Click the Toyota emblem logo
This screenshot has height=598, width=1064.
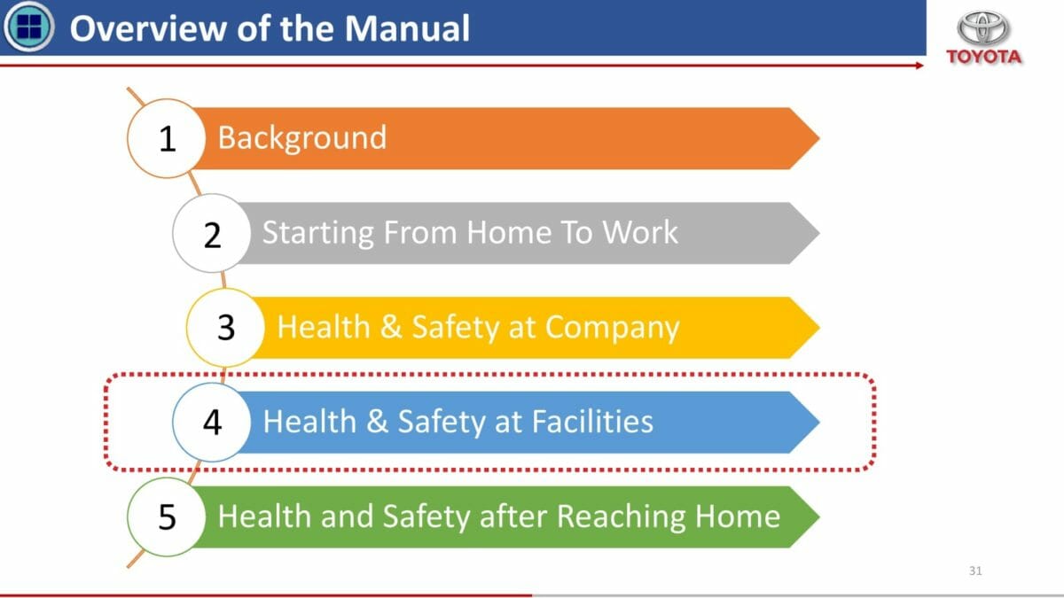coord(982,28)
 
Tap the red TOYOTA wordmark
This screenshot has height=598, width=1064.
coord(983,57)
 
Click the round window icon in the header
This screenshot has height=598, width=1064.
coord(28,26)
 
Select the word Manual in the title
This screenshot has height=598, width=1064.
coord(407,28)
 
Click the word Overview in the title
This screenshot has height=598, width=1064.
coord(148,28)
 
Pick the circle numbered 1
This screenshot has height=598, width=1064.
coord(167,138)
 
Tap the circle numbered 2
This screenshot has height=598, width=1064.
coord(212,233)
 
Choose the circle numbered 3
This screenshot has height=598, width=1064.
coord(225,328)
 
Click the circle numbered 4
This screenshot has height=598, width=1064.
coord(212,422)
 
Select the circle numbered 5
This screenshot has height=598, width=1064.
coord(167,516)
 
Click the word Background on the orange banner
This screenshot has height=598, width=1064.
coord(302,138)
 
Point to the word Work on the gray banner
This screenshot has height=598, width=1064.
coord(640,232)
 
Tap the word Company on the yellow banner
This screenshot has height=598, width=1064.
coord(613,329)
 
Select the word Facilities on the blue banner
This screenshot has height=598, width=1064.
coord(592,422)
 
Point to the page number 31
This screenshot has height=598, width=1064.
coord(975,571)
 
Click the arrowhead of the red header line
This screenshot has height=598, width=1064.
coord(919,66)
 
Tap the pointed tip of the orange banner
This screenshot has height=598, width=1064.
coord(819,138)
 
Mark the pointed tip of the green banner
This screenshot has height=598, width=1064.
coord(819,516)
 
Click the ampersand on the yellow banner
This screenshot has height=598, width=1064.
coord(391,327)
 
